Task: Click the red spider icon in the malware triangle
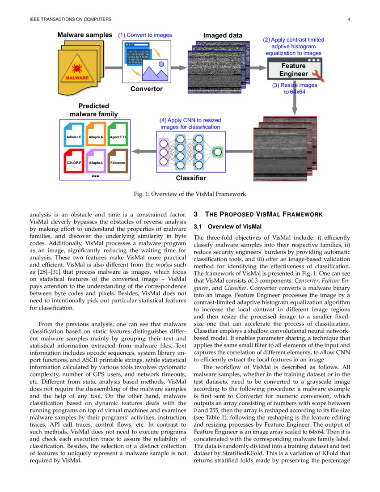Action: (x=78, y=68)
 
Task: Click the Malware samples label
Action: (x=84, y=35)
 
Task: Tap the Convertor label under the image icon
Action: (x=146, y=89)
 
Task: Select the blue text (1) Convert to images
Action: (x=144, y=35)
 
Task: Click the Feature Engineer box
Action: (x=293, y=70)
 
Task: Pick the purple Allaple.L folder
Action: (x=95, y=161)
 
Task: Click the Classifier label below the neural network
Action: (x=190, y=178)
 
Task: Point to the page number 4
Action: (x=348, y=19)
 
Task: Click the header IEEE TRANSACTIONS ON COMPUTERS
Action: (x=70, y=19)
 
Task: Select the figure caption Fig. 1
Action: (x=190, y=194)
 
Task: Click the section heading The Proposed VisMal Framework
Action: (x=258, y=215)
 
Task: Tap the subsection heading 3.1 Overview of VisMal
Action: (x=228, y=226)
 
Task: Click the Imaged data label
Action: (x=222, y=35)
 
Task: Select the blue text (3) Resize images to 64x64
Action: (x=294, y=89)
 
